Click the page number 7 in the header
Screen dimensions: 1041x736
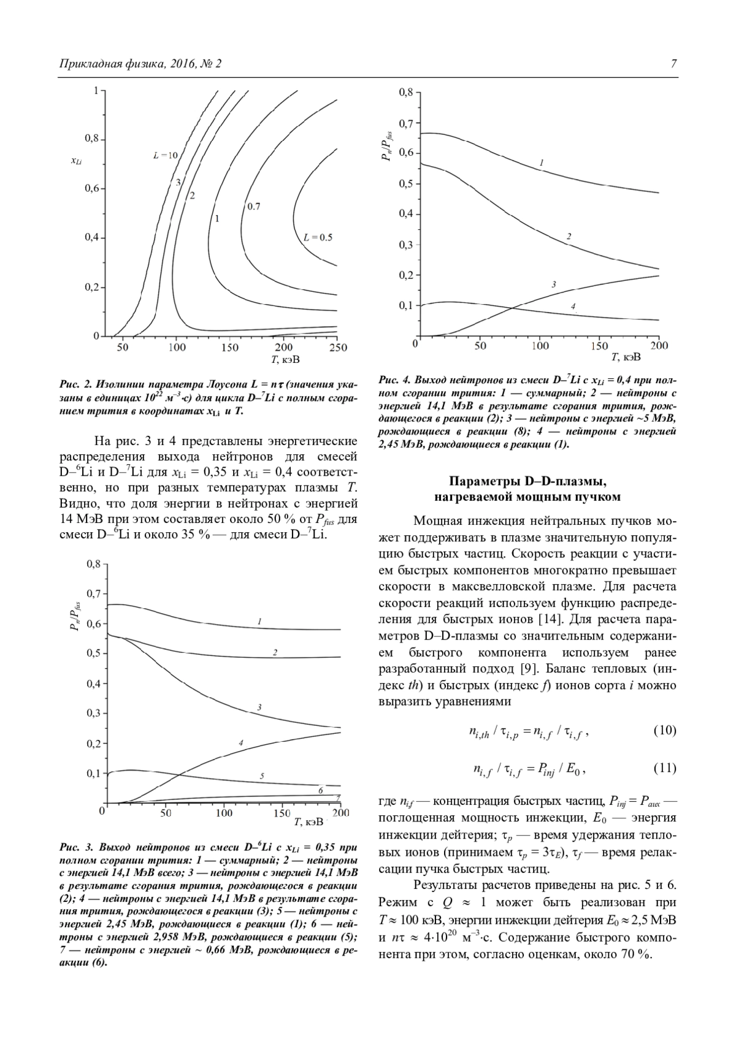pos(673,64)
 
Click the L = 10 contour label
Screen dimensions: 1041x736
pos(165,156)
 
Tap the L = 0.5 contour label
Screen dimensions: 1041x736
pos(318,237)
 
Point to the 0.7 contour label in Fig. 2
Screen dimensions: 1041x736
pos(253,207)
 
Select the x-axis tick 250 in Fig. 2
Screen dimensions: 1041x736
pos(338,348)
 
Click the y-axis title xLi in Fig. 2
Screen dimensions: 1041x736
pos(76,161)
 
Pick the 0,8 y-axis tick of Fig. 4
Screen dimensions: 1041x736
pos(405,93)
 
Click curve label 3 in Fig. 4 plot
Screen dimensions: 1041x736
pos(554,284)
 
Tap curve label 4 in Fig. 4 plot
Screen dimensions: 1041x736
pos(573,306)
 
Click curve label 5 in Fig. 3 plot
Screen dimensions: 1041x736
pos(262,776)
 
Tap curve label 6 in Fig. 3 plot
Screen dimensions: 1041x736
pos(320,791)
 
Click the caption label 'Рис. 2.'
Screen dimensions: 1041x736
pos(75,384)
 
